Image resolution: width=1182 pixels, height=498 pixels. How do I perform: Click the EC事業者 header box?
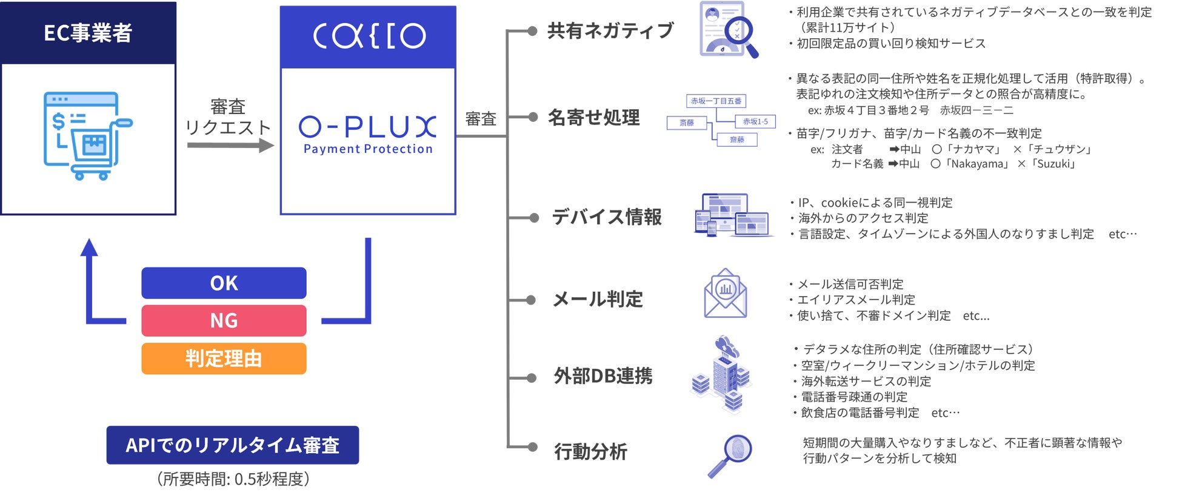click(x=88, y=33)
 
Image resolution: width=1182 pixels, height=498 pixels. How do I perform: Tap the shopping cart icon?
click(x=87, y=136)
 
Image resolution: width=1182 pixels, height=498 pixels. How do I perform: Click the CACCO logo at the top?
click(x=369, y=36)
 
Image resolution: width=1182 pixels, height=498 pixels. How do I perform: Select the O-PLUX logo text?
click(x=367, y=127)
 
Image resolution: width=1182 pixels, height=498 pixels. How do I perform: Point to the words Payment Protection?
click(x=368, y=149)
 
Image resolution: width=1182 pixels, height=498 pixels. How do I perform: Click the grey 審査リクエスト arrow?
click(x=230, y=146)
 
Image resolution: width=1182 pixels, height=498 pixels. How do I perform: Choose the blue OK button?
click(x=224, y=283)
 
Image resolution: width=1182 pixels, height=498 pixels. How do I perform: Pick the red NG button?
click(x=224, y=320)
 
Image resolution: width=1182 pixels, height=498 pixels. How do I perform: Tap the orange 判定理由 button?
click(x=224, y=358)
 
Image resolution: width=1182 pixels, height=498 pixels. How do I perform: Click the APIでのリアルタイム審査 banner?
click(x=232, y=445)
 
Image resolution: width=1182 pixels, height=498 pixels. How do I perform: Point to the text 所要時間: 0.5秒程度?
click(x=233, y=479)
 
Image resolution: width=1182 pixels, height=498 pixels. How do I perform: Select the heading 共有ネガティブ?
click(x=610, y=31)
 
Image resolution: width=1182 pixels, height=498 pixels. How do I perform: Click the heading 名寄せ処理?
click(x=593, y=117)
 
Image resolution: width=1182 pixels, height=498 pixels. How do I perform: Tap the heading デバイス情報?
click(x=606, y=217)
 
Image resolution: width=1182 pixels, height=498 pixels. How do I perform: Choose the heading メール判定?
click(x=598, y=299)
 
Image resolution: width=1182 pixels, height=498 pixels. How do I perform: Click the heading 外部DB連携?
click(x=603, y=376)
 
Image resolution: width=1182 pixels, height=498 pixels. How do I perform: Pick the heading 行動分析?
click(x=590, y=452)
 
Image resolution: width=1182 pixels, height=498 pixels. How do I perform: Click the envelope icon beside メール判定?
click(x=725, y=294)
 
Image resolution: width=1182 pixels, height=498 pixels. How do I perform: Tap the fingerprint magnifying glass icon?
click(x=730, y=455)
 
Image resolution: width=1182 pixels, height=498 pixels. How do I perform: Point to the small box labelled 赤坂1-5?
click(x=755, y=122)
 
